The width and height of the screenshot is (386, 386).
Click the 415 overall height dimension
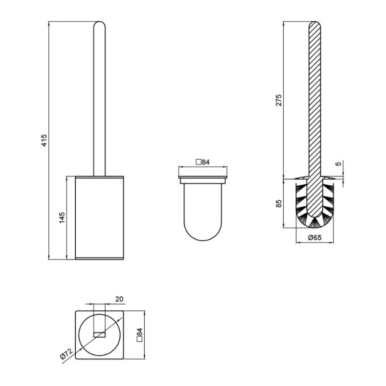click(44, 140)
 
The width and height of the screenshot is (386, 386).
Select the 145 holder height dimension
click(62, 218)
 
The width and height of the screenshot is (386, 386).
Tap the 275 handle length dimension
click(278, 100)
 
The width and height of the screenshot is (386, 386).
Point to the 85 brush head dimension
click(278, 203)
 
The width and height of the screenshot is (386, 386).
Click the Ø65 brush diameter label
click(315, 237)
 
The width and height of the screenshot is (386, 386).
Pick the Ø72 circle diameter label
click(66, 354)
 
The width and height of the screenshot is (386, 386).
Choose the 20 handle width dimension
click(119, 299)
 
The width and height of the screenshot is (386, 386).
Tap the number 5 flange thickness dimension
click(339, 164)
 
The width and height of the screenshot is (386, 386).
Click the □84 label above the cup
click(202, 162)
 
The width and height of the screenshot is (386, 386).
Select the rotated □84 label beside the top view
click(139, 335)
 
